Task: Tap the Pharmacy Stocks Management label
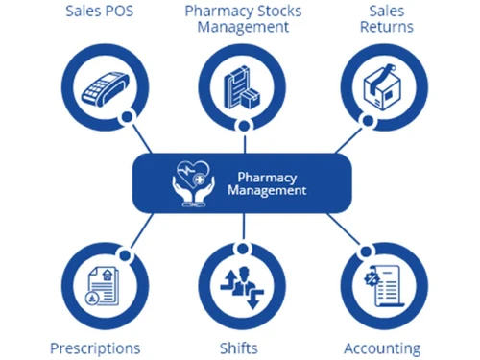click(x=243, y=18)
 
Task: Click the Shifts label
click(x=243, y=348)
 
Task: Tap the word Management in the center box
click(x=267, y=190)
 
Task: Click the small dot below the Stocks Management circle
click(x=242, y=126)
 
